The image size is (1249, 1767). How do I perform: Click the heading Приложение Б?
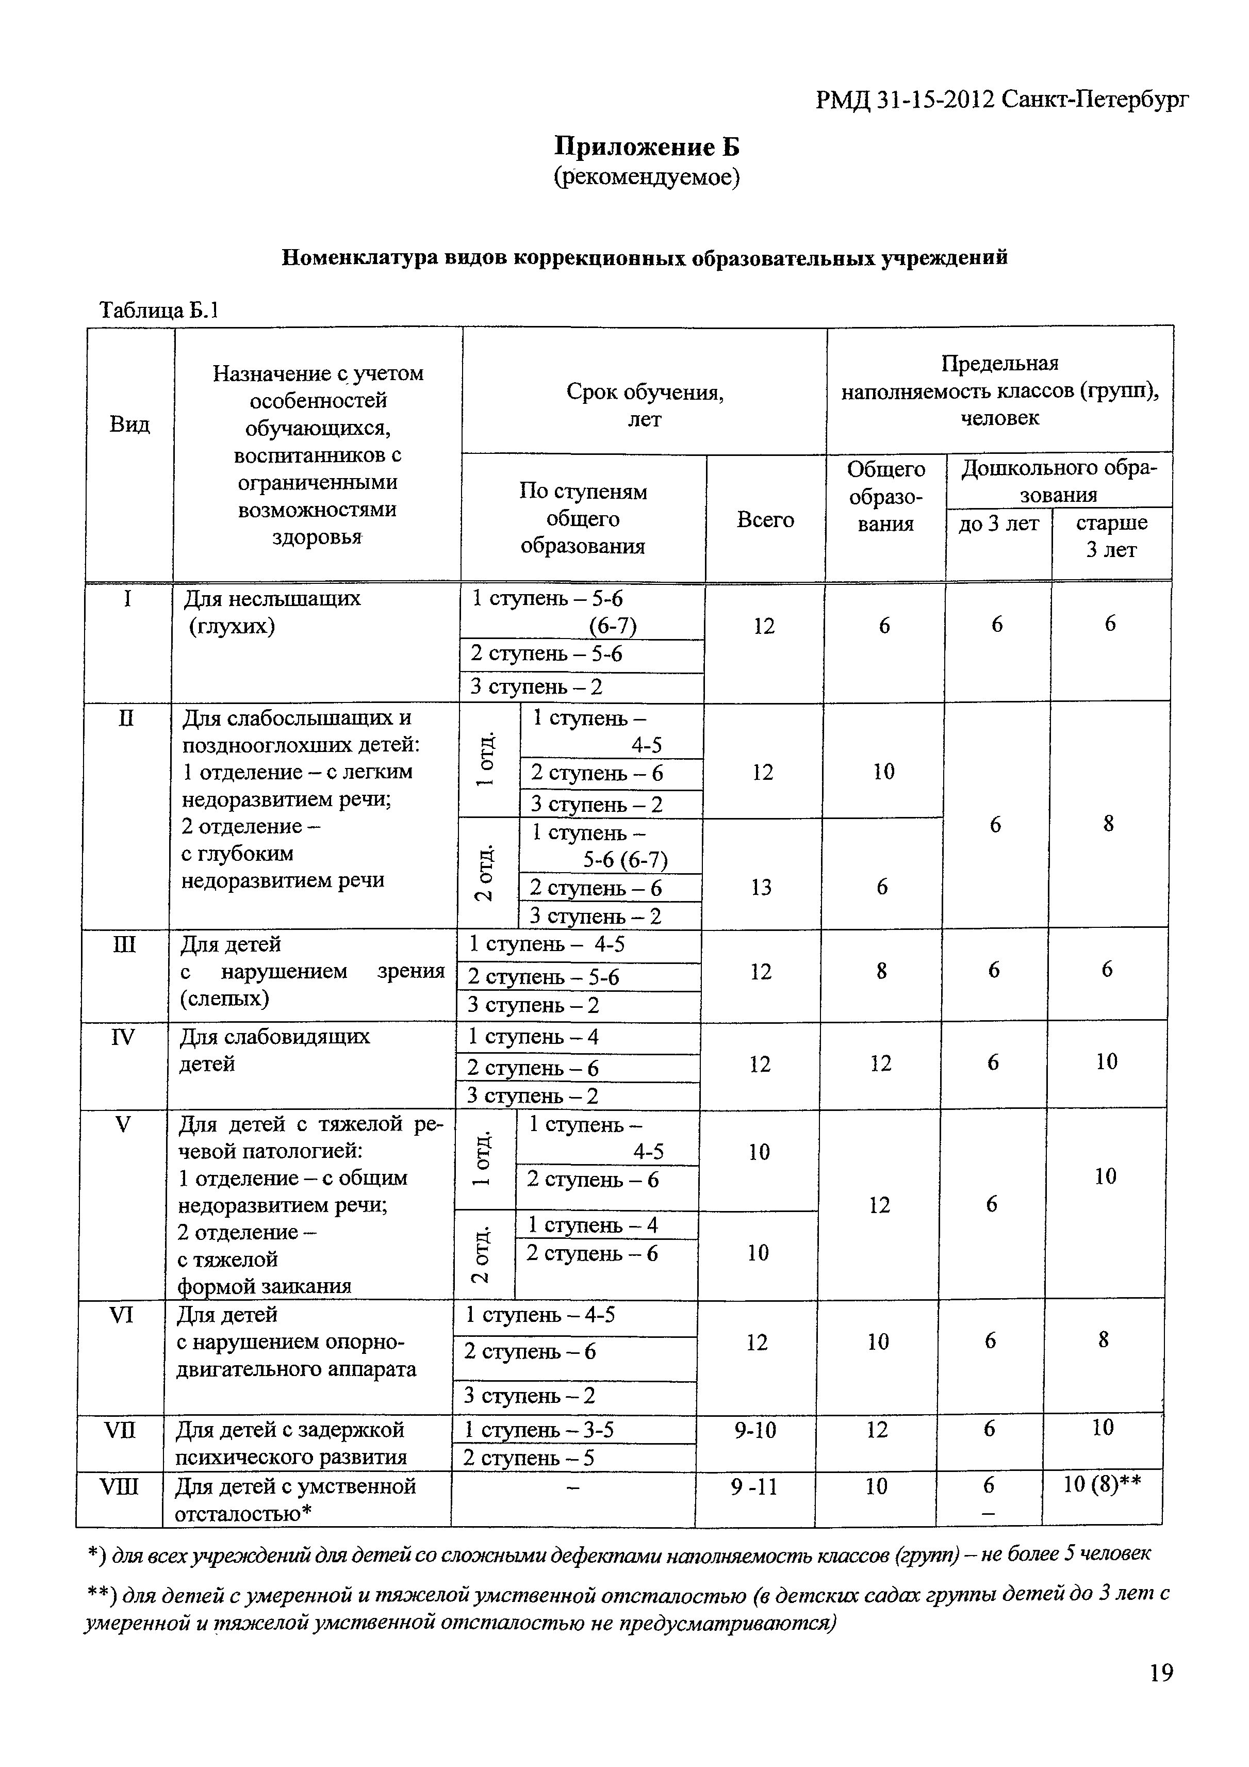[647, 146]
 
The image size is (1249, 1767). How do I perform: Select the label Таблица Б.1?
[160, 310]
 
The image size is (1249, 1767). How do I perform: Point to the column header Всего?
[764, 519]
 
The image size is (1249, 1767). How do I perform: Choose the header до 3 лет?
[998, 524]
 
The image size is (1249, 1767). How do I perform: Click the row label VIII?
[119, 1486]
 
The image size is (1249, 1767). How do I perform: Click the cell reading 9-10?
[755, 1430]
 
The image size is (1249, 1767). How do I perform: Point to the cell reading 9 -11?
[753, 1486]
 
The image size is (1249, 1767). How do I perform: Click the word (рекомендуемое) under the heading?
[647, 178]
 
